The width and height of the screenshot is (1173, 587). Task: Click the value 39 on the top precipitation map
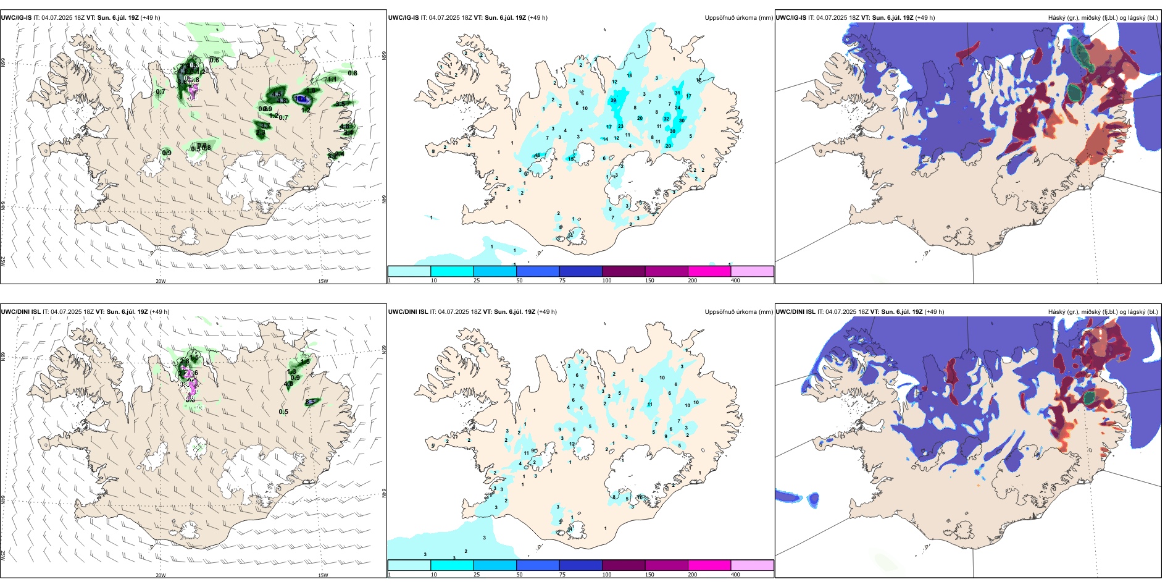(613, 100)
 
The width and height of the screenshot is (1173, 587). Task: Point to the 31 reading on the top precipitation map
(677, 93)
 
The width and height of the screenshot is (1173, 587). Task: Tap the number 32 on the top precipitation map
(666, 119)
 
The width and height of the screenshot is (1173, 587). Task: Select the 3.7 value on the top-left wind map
(265, 126)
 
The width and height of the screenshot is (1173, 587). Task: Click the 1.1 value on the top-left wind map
(332, 79)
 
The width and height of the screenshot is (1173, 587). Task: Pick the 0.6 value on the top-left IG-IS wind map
(214, 60)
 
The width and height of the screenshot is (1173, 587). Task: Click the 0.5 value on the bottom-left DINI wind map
(283, 412)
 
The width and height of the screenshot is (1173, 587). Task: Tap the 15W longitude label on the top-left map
(323, 281)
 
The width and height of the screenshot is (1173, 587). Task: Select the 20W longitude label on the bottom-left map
(161, 575)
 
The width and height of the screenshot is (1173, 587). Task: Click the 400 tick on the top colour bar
(735, 281)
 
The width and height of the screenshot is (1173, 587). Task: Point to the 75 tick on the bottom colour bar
(562, 575)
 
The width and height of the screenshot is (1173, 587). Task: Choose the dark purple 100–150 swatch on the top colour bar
(624, 271)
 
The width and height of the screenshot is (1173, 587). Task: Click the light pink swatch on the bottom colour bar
(752, 565)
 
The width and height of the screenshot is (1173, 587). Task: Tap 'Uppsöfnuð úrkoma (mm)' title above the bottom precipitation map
(738, 312)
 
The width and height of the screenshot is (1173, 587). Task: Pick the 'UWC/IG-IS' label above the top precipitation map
(403, 18)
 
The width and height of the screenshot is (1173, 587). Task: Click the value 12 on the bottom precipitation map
(572, 444)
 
